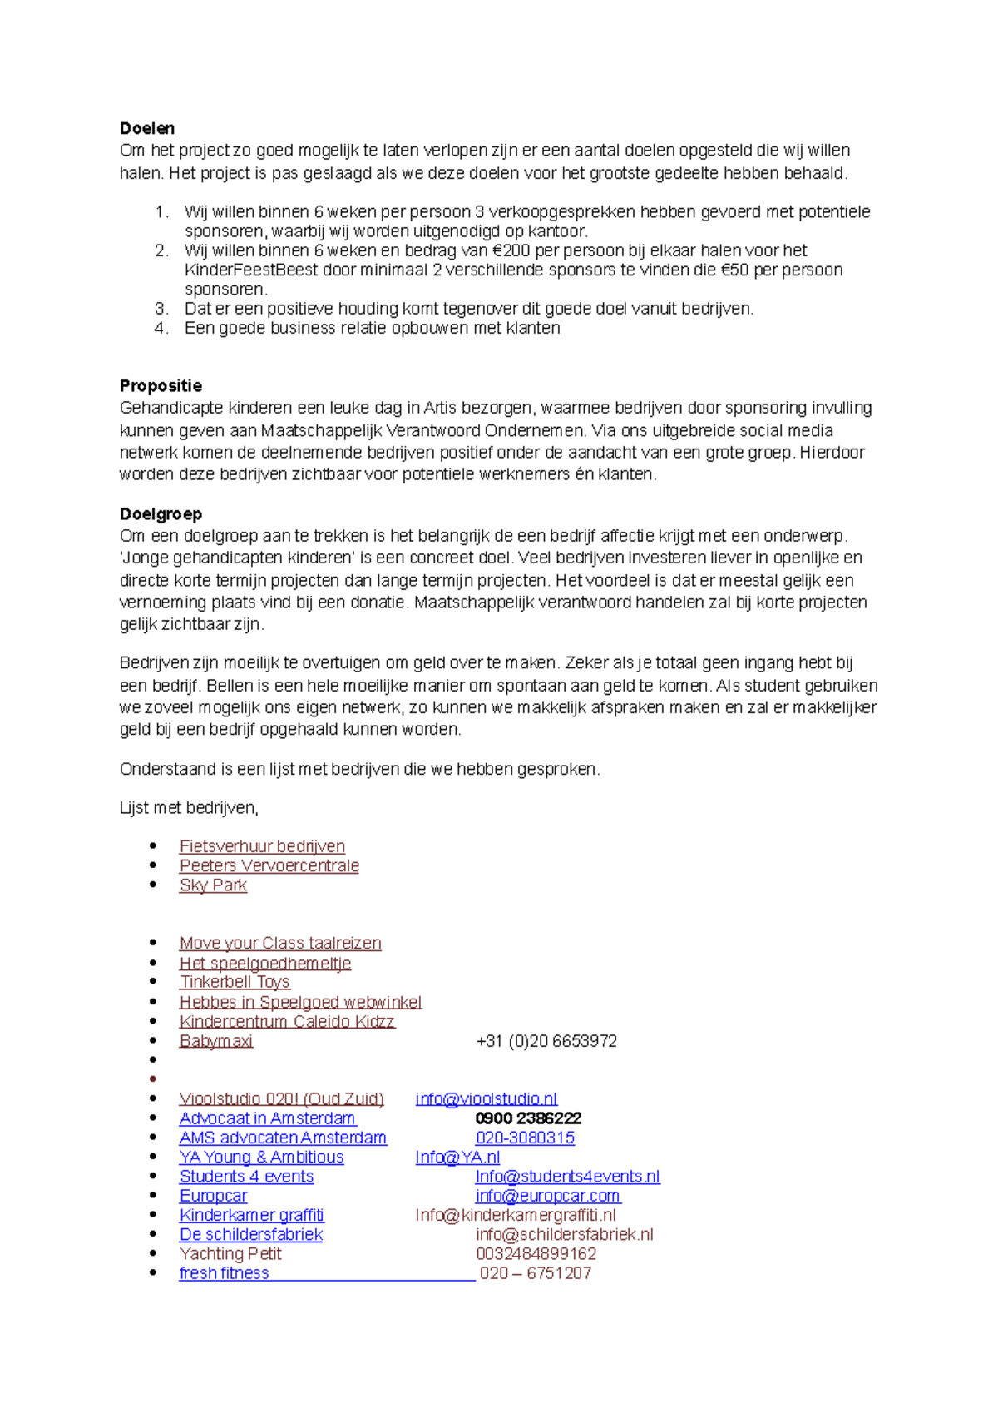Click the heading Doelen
click(x=147, y=128)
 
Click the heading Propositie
click(x=161, y=385)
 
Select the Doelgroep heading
click(x=161, y=513)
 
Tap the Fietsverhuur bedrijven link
click(x=262, y=846)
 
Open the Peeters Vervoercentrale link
click(x=269, y=865)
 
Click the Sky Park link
click(x=213, y=885)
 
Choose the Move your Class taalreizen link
click(x=280, y=943)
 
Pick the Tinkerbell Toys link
click(x=235, y=982)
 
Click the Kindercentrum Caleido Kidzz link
click(x=287, y=1021)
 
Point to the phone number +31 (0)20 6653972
click(x=546, y=1041)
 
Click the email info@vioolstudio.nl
click(x=487, y=1099)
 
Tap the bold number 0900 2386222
click(x=528, y=1118)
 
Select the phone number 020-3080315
click(x=525, y=1138)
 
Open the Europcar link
click(x=214, y=1196)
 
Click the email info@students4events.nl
click(x=567, y=1177)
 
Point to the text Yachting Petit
click(x=230, y=1254)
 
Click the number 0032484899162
click(x=536, y=1254)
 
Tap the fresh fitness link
click(x=225, y=1273)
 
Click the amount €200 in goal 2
click(x=511, y=250)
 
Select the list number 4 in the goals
click(x=161, y=328)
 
